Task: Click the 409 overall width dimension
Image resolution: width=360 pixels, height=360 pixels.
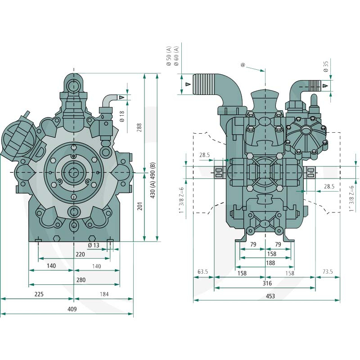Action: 72,309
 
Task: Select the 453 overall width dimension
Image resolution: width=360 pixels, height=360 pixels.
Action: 270,296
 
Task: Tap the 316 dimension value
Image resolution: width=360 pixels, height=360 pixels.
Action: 267,283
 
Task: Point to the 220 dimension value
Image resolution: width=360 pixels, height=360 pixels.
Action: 81,254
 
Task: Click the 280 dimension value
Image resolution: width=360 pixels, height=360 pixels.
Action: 81,280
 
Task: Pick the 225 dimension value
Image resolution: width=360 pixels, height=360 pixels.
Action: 39,294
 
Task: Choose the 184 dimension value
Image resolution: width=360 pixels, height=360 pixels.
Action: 104,294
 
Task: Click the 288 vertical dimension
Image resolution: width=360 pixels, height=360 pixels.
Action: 139,128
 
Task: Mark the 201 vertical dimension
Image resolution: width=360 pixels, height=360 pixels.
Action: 140,206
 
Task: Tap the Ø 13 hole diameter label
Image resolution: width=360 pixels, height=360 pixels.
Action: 94,245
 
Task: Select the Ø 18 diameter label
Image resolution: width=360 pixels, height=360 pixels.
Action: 122,117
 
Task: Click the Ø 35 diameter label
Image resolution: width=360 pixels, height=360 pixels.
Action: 326,66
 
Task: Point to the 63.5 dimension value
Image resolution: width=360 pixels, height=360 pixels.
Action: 203,272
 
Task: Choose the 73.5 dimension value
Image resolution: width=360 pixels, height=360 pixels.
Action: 328,272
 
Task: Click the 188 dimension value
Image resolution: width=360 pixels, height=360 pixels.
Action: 270,263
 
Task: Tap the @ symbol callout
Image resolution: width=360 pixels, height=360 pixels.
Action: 243,65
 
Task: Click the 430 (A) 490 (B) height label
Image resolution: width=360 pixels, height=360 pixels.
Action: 153,180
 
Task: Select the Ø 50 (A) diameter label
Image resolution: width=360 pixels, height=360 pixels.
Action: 169,56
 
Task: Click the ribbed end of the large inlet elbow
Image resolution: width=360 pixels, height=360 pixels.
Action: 204,84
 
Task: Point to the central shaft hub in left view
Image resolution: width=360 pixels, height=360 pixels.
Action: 73,172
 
